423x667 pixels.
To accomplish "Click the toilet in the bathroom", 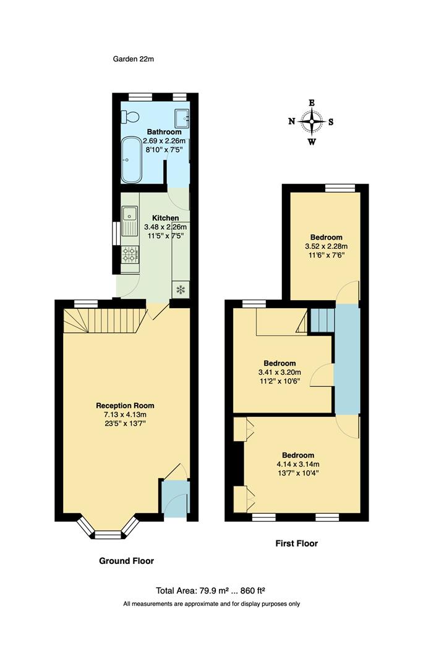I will point(129,115).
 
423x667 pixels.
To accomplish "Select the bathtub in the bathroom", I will point(131,160).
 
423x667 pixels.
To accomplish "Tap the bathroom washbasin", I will point(182,117).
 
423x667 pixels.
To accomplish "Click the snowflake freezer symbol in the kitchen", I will point(181,288).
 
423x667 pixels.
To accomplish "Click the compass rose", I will point(312,122).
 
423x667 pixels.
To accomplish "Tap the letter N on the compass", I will point(292,122).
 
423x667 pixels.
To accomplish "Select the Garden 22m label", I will point(133,59).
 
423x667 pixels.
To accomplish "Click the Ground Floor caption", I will point(126,561).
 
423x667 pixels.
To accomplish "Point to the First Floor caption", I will point(296,543).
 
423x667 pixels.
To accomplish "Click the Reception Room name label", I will point(125,405).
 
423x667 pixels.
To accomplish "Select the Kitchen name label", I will point(166,218).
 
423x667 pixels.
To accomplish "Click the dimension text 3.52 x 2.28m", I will point(326,246).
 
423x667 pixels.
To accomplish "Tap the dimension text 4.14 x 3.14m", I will point(299,464).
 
